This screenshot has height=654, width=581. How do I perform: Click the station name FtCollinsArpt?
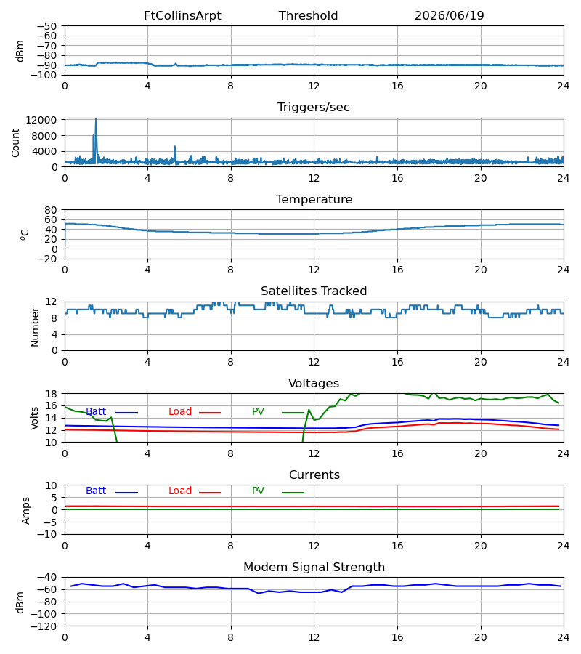[x=182, y=16]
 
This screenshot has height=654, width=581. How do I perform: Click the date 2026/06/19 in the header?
[x=450, y=16]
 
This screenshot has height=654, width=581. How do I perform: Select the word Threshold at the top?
[x=309, y=16]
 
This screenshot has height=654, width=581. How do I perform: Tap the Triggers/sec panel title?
[x=314, y=108]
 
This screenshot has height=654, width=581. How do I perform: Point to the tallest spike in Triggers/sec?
[x=96, y=120]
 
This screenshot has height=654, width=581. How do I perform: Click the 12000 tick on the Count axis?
[x=41, y=120]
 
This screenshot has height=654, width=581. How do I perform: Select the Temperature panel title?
[x=314, y=199]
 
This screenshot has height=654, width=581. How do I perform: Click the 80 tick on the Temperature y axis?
[x=51, y=210]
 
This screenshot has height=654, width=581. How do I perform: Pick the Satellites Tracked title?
[x=314, y=291]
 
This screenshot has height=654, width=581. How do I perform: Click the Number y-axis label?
[x=35, y=328]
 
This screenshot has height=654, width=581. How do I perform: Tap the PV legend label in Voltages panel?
[x=258, y=412]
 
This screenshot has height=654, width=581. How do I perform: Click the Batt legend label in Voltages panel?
[x=96, y=412]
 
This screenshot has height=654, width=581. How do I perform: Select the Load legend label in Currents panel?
[x=180, y=491]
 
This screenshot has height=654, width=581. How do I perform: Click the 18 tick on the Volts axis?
[x=51, y=394]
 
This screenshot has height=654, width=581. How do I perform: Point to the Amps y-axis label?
[x=26, y=511]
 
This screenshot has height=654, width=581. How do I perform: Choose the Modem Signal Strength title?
[x=314, y=568]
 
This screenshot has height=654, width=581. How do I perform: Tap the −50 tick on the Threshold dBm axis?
[x=47, y=26]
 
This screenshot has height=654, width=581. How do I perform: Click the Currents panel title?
[x=314, y=475]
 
